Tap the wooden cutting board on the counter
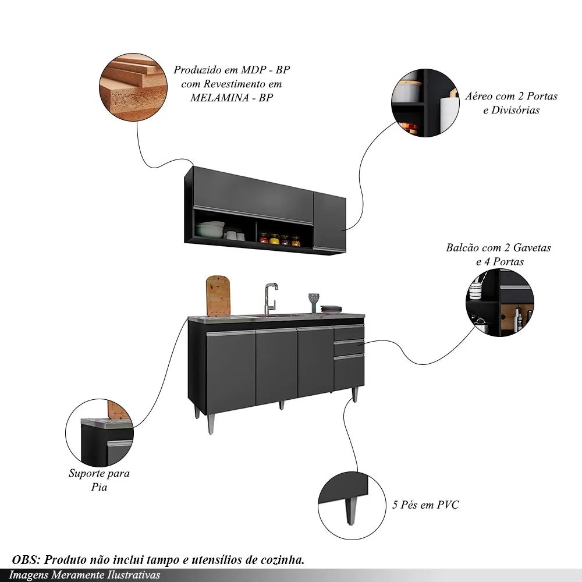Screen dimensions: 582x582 (x=218, y=296)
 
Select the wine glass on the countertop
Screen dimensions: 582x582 (x=314, y=301)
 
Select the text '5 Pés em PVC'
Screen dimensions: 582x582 (x=425, y=505)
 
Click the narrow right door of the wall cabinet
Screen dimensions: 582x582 (x=329, y=222)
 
